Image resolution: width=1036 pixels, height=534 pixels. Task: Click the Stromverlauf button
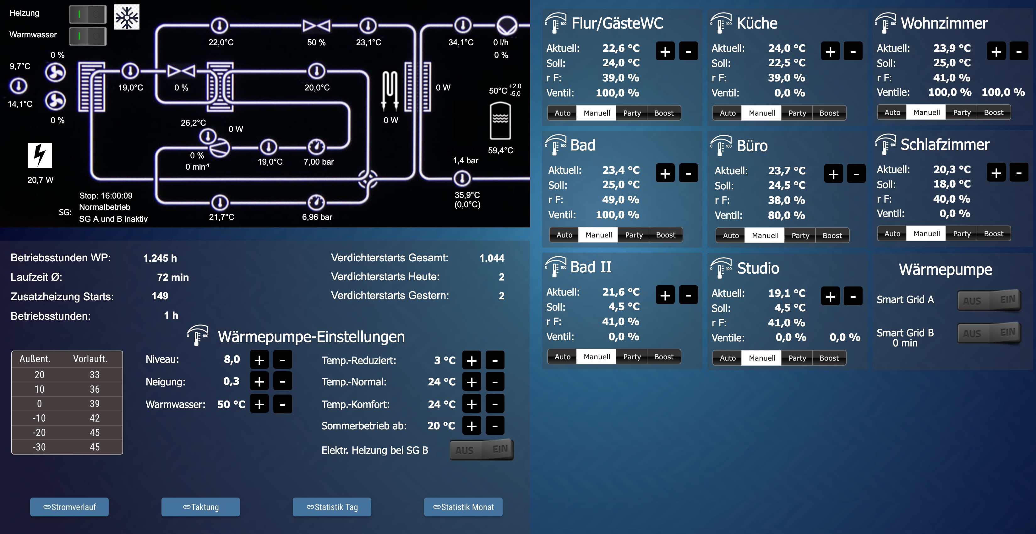(x=69, y=507)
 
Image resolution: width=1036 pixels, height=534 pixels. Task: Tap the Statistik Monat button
(x=463, y=507)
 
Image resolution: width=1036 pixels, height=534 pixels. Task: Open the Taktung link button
(x=200, y=507)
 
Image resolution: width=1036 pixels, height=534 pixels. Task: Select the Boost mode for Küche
(x=829, y=113)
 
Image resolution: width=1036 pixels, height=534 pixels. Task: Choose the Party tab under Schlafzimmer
(x=961, y=234)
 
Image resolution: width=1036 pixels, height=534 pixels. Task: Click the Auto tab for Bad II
(x=562, y=357)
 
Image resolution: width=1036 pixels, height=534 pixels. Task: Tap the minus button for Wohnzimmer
(x=1019, y=52)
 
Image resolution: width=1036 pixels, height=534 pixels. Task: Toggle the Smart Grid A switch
(x=989, y=300)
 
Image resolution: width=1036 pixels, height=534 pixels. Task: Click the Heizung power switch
(x=88, y=14)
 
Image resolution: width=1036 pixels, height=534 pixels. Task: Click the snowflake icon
(x=127, y=17)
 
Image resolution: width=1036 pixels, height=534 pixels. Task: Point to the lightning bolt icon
(x=40, y=155)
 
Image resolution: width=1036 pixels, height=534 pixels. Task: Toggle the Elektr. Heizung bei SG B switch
(x=481, y=450)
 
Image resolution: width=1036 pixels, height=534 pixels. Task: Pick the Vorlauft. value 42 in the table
(x=95, y=418)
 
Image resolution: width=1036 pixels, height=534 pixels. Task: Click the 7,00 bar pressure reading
(x=319, y=162)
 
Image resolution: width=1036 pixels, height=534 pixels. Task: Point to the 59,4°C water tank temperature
(x=500, y=150)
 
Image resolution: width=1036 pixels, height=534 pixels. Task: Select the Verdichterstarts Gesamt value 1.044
(x=492, y=258)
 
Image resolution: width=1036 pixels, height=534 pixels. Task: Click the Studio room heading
(x=758, y=268)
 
